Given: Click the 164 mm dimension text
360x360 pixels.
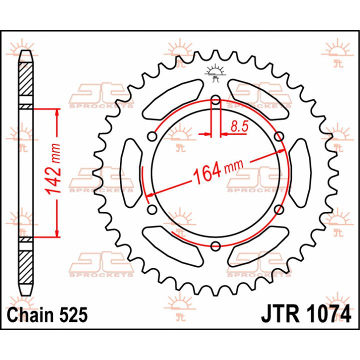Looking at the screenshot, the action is pos(218,171).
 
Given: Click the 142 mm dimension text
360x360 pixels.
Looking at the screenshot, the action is pos(53,169).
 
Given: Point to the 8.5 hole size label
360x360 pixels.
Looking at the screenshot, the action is pos(239,126).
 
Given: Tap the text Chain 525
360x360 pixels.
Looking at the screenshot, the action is pos(47,315).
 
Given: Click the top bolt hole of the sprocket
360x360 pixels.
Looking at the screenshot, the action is pos(215,100).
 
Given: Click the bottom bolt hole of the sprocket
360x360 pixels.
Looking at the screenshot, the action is pos(215,246).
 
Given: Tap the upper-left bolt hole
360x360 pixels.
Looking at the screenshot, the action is pos(152,137).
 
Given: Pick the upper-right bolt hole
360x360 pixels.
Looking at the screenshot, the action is pos(279,136).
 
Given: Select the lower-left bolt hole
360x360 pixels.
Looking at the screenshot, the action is pos(152,209).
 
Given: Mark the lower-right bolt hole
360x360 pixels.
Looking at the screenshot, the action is pos(279,209).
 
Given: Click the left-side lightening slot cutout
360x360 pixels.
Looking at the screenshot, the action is pos(131,173).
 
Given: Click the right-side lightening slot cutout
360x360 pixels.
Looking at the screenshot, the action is pos(300,173).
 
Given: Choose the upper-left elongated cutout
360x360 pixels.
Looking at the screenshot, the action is pos(172,99).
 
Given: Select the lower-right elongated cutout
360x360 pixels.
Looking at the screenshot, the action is pos(258,247).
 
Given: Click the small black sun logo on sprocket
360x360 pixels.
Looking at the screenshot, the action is pos(215,73).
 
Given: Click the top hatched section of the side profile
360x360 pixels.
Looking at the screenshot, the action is pos(25,78).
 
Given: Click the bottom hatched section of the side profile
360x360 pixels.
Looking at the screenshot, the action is pos(25,267).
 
